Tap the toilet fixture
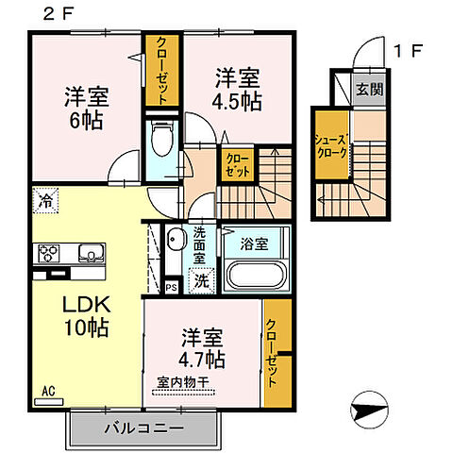tap(163, 142)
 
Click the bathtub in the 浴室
tap(257, 278)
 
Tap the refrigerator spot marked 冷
tap(44, 200)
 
